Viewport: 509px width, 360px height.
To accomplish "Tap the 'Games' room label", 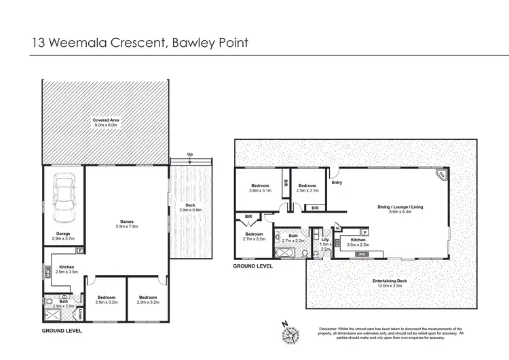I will [x=127, y=220].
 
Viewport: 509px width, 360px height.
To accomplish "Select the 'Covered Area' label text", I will [x=106, y=120].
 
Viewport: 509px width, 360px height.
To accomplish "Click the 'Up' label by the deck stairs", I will [x=190, y=154].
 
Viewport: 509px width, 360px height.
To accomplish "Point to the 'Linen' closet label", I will [x=80, y=314].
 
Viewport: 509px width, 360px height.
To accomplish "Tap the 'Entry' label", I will [x=337, y=182].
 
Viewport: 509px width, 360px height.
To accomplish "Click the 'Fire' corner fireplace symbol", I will [x=440, y=175].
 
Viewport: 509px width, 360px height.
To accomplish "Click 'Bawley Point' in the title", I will [x=210, y=42].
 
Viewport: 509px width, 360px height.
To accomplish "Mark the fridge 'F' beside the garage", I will [x=80, y=251].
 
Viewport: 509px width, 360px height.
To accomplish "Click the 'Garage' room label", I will [x=64, y=234].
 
